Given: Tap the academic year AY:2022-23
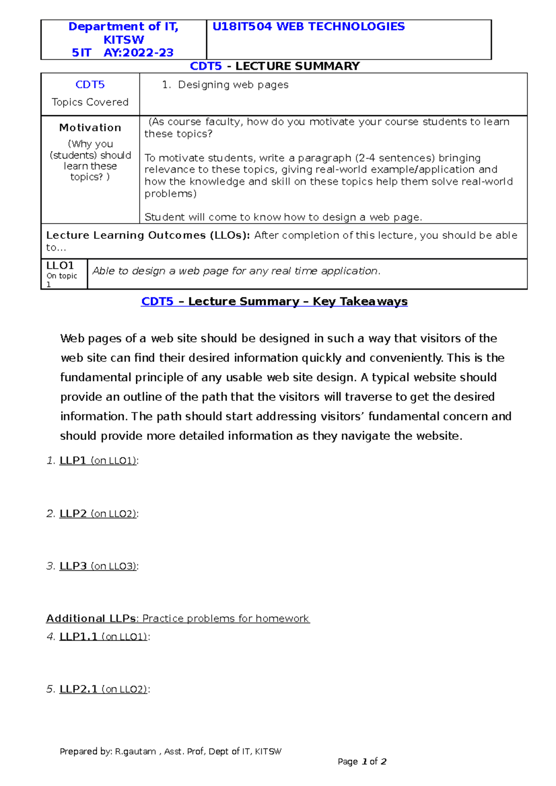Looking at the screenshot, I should [x=139, y=53].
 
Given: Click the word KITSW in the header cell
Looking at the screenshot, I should [x=123, y=40].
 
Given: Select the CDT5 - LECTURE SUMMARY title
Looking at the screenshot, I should [x=275, y=66].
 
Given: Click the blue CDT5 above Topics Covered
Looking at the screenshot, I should [x=90, y=85].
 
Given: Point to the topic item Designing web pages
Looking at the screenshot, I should [x=233, y=85].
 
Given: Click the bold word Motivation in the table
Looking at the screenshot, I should [x=90, y=128].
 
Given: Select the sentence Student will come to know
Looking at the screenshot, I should [x=283, y=217].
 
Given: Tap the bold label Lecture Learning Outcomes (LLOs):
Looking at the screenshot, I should [x=148, y=235].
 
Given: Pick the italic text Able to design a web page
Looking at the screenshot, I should [x=236, y=271].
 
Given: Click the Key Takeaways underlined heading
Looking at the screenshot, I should [x=274, y=301].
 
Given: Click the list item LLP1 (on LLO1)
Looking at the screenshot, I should [x=98, y=461].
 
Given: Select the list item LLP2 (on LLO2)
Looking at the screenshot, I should [x=98, y=513].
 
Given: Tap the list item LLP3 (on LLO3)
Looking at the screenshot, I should [x=98, y=566].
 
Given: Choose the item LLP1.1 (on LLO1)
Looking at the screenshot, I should [x=104, y=636].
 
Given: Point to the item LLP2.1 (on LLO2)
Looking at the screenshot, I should [x=104, y=689].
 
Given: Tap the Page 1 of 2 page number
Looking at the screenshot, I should [x=362, y=761].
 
